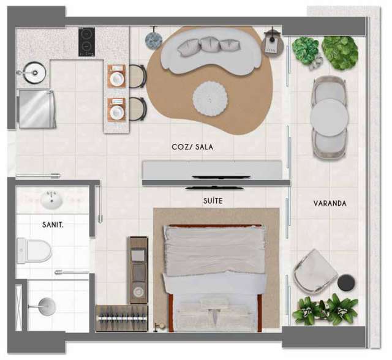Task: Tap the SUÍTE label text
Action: coord(213,200)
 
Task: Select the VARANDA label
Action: coord(330,203)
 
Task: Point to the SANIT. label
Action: coord(54,225)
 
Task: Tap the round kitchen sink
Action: coord(35,73)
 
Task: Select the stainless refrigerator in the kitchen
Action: coord(37,108)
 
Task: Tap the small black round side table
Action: coord(346,282)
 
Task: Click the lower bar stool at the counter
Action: coord(137,109)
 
